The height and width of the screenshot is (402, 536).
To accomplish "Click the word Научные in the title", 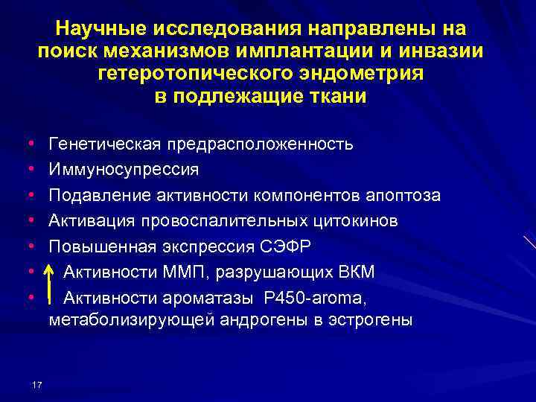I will pyautogui.click(x=100, y=29).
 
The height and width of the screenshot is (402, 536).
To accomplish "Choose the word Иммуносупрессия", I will pyautogui.click(x=124, y=170).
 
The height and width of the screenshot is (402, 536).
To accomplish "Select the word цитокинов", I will pyautogui.click(x=353, y=221).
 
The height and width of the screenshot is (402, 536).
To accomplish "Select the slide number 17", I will pyautogui.click(x=38, y=384).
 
